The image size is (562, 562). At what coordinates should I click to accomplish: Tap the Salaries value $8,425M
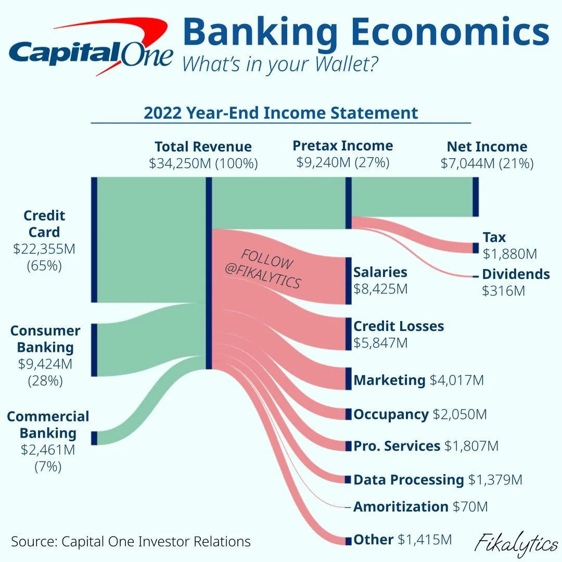pyautogui.click(x=380, y=289)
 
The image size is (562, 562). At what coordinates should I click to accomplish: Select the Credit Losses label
pyautogui.click(x=399, y=326)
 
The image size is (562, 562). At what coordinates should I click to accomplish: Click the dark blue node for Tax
pyautogui.click(x=475, y=248)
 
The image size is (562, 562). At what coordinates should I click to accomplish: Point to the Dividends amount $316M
pyautogui.click(x=504, y=291)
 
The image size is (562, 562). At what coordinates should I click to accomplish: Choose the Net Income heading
pyautogui.click(x=487, y=147)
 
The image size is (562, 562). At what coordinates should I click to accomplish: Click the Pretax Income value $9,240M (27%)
pyautogui.click(x=343, y=162)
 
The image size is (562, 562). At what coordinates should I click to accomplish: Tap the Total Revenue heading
pyautogui.click(x=203, y=147)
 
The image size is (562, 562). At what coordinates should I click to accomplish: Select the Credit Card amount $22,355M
pyautogui.click(x=44, y=249)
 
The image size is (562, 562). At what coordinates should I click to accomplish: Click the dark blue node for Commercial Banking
pyautogui.click(x=94, y=438)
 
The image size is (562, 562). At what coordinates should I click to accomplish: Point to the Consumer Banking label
pyautogui.click(x=45, y=339)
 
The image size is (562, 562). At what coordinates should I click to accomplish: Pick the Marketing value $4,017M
pyautogui.click(x=456, y=380)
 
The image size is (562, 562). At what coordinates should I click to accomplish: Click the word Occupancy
pyautogui.click(x=391, y=415)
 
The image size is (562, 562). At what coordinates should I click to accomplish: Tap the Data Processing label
pyautogui.click(x=408, y=480)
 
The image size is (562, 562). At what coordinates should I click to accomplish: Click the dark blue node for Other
pyautogui.click(x=348, y=541)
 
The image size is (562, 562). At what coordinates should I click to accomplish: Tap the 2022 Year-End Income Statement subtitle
pyautogui.click(x=281, y=113)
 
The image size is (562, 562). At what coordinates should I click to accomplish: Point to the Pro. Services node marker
pyautogui.click(x=348, y=446)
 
